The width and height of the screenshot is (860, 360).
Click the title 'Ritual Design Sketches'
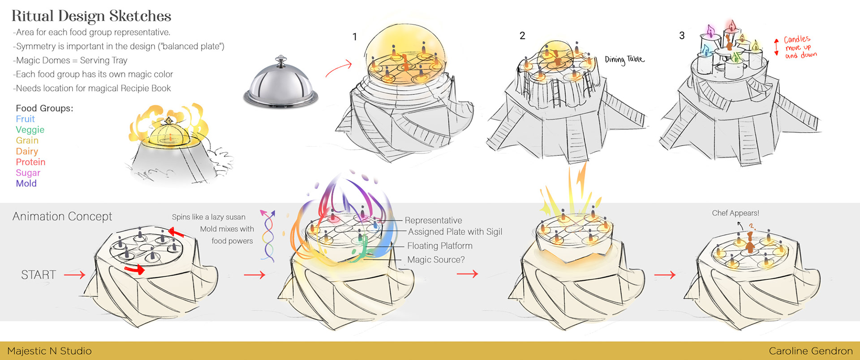click(x=91, y=16)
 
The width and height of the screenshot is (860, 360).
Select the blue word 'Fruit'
click(x=25, y=119)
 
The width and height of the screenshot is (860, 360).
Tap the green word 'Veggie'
click(x=30, y=130)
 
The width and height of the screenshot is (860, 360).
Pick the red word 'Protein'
click(x=30, y=162)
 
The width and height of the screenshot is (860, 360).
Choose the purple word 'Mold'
click(x=26, y=184)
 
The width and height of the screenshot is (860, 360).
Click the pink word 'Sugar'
click(x=28, y=173)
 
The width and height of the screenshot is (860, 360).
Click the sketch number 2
click(x=522, y=36)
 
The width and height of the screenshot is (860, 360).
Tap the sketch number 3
click(x=682, y=36)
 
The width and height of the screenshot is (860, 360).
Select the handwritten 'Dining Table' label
click(x=624, y=60)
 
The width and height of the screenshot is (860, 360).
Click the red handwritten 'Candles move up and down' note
click(x=800, y=47)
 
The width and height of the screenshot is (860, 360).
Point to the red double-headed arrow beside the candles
click(x=776, y=47)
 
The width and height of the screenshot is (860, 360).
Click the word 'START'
click(x=39, y=275)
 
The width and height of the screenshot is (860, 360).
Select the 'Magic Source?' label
click(x=436, y=260)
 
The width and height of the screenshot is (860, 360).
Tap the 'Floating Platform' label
click(x=439, y=246)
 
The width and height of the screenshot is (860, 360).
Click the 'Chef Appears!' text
click(x=735, y=213)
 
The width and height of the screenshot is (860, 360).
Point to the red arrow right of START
click(x=74, y=274)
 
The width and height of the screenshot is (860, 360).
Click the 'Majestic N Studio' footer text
click(x=49, y=351)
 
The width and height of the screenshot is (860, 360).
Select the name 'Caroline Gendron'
click(x=811, y=351)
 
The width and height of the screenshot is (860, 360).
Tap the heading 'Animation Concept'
click(x=62, y=216)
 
